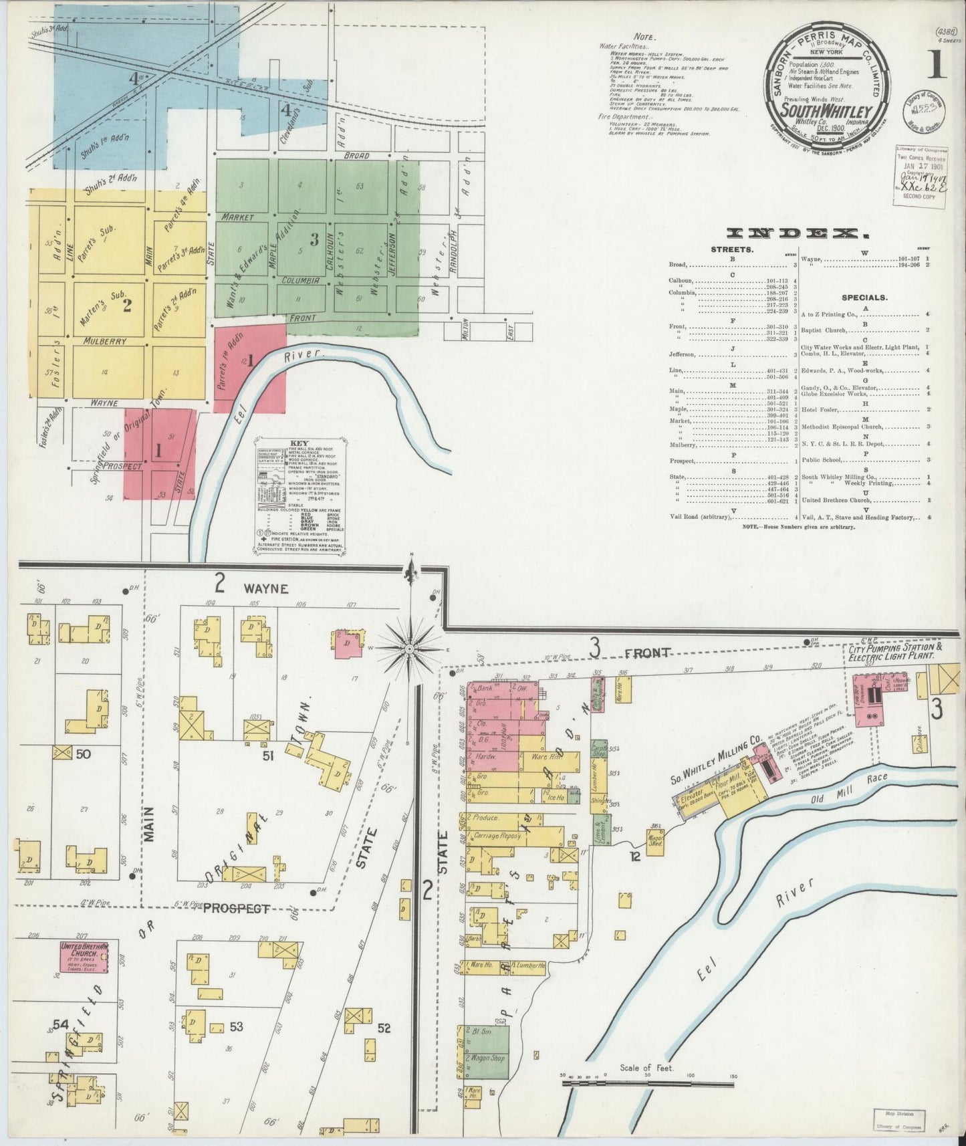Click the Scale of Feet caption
[646, 1068]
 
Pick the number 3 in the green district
[313, 239]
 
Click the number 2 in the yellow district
[127, 306]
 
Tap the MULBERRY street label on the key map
[105, 341]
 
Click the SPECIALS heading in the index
[864, 298]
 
